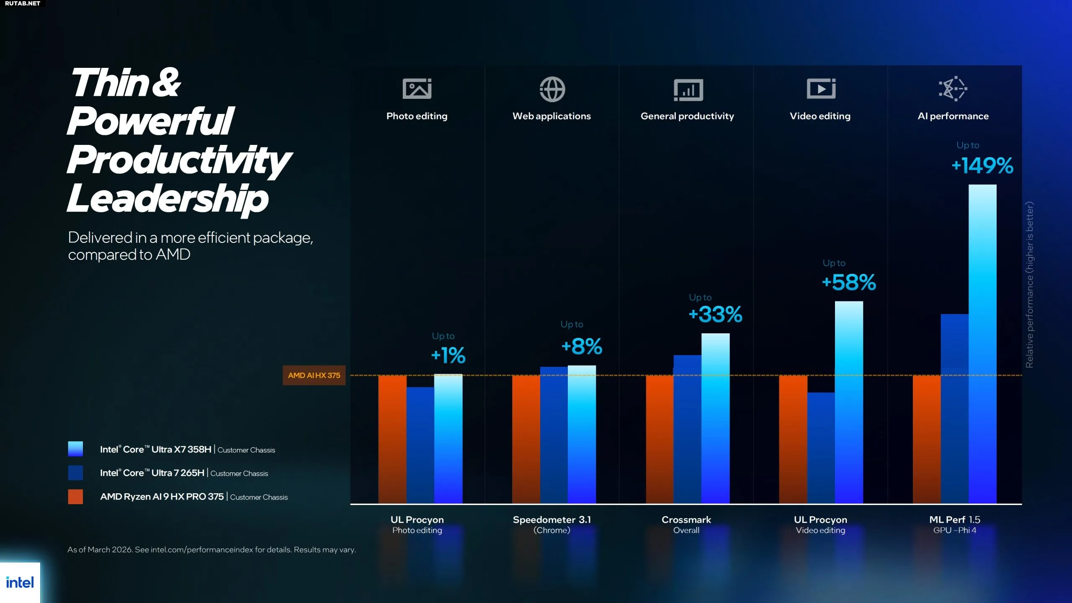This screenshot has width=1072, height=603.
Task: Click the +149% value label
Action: click(982, 165)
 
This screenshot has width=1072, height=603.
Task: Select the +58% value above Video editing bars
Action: click(849, 282)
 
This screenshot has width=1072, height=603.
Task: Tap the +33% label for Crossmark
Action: click(715, 314)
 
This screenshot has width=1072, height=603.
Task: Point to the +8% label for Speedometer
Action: click(582, 347)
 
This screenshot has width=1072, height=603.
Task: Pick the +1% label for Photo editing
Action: click(448, 356)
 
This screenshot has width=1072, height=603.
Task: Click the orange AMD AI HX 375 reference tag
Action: click(314, 375)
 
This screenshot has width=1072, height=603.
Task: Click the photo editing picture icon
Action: click(417, 89)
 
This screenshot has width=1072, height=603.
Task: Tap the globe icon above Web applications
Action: click(552, 89)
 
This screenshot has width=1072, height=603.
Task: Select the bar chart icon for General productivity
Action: click(688, 90)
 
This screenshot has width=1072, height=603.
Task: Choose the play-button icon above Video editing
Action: click(821, 89)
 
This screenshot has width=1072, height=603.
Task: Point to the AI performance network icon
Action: click(953, 89)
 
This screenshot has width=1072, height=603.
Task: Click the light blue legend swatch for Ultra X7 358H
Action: click(75, 449)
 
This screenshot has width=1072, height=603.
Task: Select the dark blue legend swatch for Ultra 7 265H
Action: click(75, 473)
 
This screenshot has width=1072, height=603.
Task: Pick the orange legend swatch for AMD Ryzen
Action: click(75, 497)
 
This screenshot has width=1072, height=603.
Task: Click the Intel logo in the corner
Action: click(20, 582)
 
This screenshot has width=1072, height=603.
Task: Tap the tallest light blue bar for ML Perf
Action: click(982, 343)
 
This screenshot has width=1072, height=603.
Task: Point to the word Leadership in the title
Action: click(167, 199)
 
